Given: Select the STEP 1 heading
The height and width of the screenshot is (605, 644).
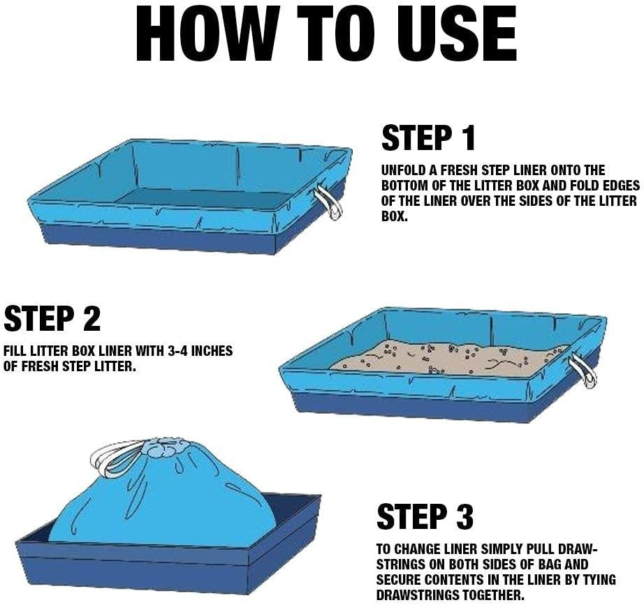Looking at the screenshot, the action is (428, 138).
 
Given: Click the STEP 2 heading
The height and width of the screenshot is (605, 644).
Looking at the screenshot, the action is (52, 318).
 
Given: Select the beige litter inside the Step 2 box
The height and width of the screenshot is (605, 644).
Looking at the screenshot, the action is (449, 357).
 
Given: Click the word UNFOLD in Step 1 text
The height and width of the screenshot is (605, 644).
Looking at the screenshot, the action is (405, 170).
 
